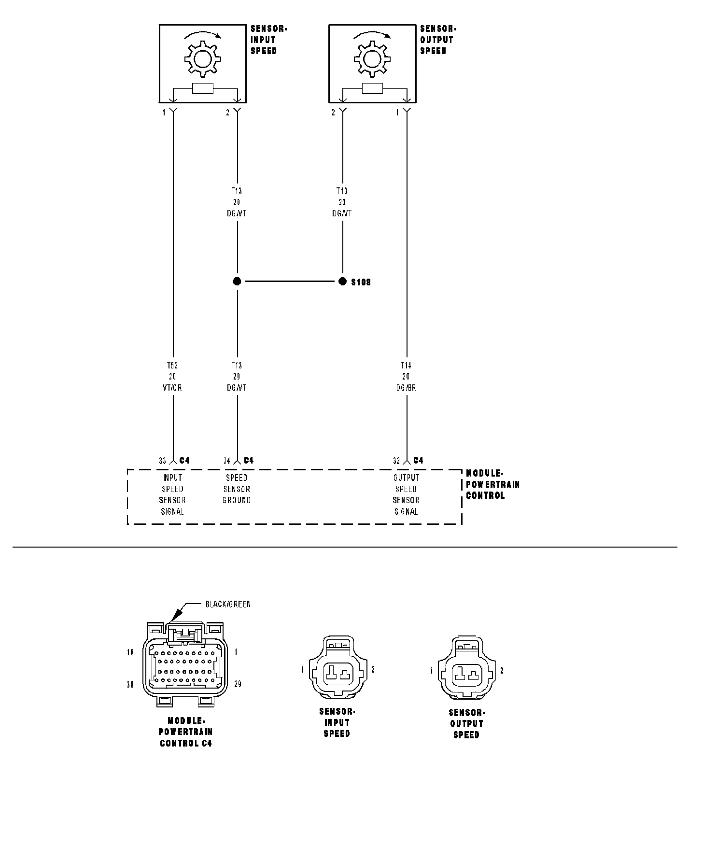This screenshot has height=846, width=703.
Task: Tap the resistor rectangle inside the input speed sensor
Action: click(x=203, y=89)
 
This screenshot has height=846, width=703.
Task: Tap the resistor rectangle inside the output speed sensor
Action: click(x=372, y=89)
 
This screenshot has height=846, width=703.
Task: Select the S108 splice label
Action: click(x=361, y=282)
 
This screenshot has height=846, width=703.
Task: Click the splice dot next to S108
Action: click(x=343, y=282)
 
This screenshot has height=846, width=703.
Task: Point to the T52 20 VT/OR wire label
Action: click(x=172, y=377)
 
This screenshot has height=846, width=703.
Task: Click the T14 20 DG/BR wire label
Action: click(x=406, y=377)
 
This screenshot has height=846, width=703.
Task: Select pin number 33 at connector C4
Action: click(x=163, y=461)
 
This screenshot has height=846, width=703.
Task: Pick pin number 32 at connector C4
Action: click(x=396, y=461)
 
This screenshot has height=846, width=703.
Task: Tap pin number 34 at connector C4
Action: click(x=227, y=461)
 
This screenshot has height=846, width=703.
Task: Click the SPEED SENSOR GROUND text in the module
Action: click(x=237, y=489)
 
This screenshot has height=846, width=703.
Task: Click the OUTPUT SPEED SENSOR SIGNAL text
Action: click(x=406, y=494)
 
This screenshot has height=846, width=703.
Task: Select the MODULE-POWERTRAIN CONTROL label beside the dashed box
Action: click(x=492, y=484)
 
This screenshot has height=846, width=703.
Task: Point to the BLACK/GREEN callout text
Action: click(x=228, y=604)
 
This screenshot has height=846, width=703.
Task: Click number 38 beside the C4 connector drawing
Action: click(x=130, y=684)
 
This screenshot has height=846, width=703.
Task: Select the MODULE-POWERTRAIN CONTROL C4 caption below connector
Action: click(x=186, y=732)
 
